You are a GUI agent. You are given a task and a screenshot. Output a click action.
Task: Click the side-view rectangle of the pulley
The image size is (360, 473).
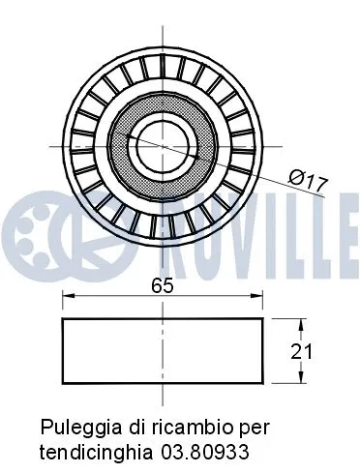163,351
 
